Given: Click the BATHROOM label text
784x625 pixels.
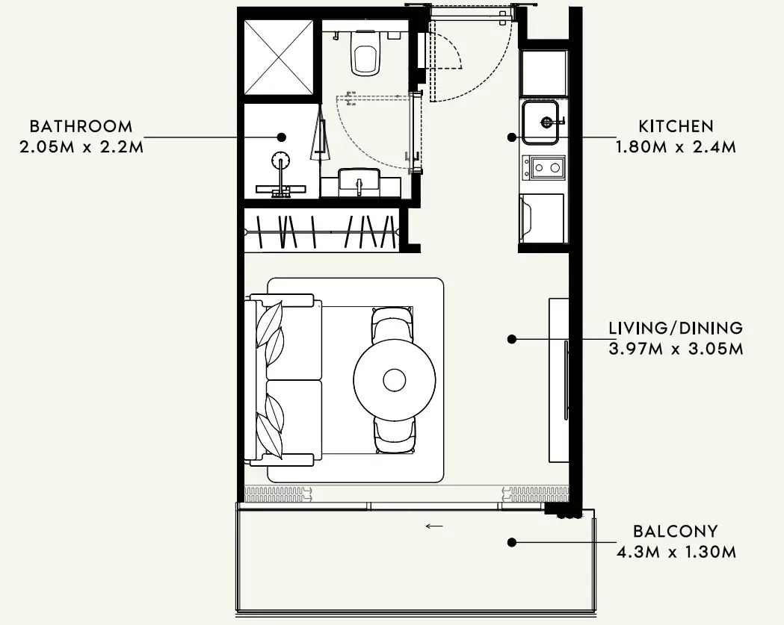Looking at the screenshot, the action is click(x=81, y=126).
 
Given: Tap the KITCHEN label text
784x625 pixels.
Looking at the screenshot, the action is click(x=676, y=126).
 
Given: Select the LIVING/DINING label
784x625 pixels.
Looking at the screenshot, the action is click(x=676, y=329).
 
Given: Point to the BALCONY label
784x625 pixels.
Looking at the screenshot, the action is click(x=676, y=531).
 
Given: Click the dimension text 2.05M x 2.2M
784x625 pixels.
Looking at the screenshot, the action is click(x=81, y=147).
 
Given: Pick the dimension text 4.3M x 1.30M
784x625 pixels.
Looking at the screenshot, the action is click(x=676, y=552).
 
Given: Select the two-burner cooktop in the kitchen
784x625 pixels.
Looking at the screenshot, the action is click(x=544, y=167).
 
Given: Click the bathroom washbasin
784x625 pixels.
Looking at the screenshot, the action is click(x=359, y=182).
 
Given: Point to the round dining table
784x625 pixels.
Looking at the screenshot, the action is click(x=395, y=380).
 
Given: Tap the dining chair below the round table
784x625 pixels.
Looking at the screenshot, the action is click(x=394, y=435).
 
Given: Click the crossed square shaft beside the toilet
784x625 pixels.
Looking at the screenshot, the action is click(x=279, y=57).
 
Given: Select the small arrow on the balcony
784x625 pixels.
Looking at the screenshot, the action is click(x=434, y=526).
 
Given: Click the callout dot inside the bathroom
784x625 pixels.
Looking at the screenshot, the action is click(x=282, y=137).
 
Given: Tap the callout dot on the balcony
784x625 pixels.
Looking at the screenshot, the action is click(x=511, y=542).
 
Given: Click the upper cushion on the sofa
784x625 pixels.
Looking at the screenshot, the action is click(x=271, y=326).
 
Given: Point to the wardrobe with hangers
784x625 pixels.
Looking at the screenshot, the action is click(x=322, y=231).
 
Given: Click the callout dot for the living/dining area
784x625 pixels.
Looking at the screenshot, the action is click(x=511, y=339).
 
